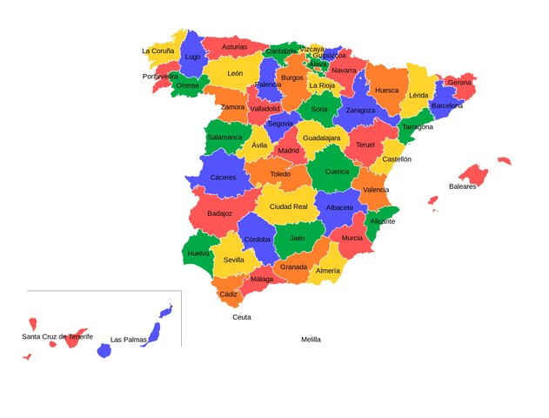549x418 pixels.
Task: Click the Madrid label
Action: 288,151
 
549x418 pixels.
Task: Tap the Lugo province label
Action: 193,57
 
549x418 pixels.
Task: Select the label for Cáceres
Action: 223,178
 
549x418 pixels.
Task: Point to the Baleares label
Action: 463,186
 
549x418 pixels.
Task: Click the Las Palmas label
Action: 128,340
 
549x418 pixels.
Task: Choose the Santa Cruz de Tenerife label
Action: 57,336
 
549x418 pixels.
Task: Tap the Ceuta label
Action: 242,317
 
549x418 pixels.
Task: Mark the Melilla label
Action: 311,340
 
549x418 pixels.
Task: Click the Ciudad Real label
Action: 288,206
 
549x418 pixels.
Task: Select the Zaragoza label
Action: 360,111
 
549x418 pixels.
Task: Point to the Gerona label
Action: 459,83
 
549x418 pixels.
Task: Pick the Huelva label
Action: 198,253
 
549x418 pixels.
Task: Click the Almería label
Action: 328,271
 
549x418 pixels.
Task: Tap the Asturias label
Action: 234,47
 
